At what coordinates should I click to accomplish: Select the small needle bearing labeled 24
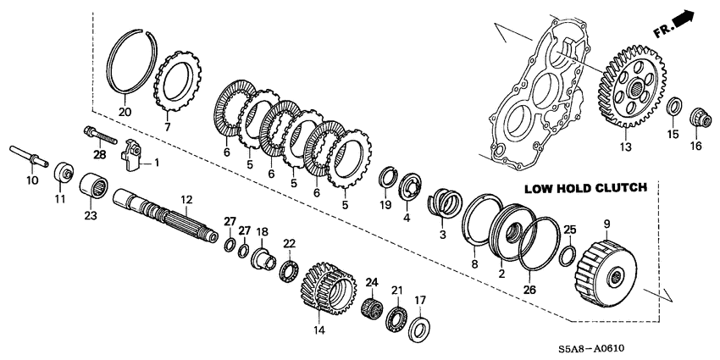point(370,305)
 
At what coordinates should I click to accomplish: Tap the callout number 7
point(168,127)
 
